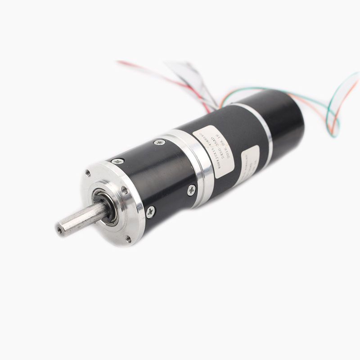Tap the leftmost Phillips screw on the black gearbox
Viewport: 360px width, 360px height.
coord(118,161)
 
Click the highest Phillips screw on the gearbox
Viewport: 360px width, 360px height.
coord(159,142)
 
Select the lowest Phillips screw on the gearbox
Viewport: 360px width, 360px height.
coord(150,210)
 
